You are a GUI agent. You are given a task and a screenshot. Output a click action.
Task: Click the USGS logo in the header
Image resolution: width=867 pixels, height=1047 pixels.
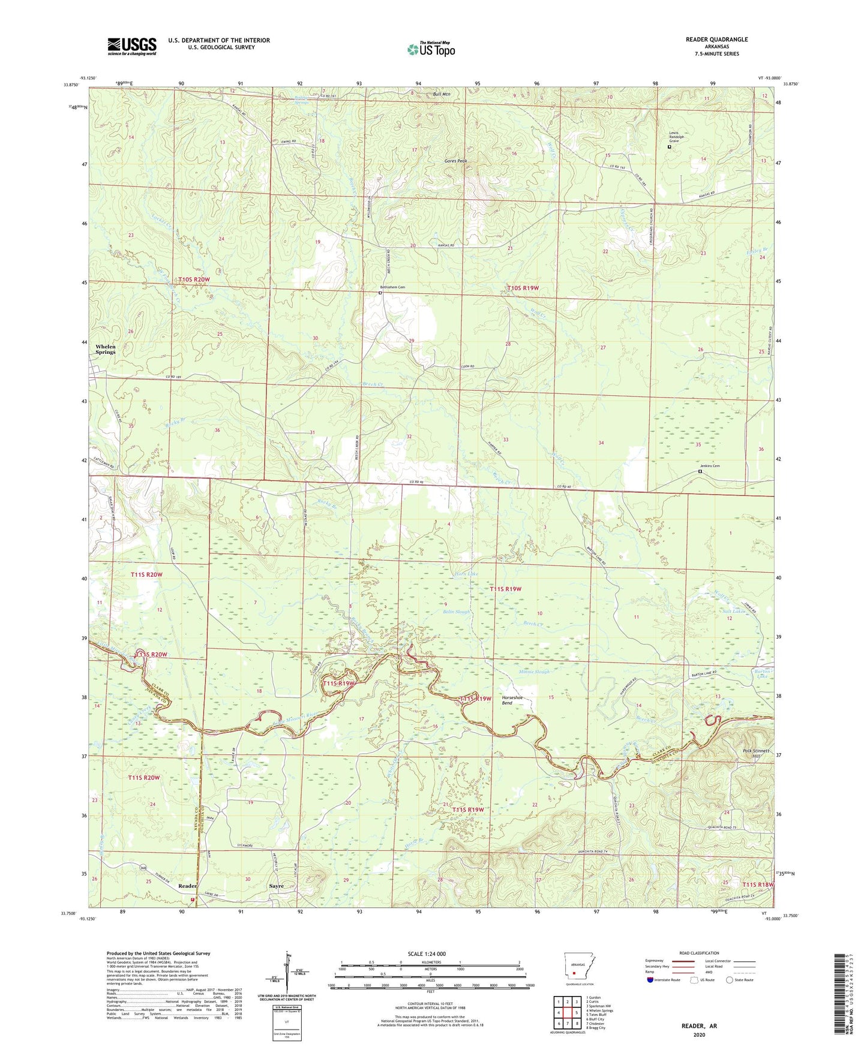[x=132, y=46]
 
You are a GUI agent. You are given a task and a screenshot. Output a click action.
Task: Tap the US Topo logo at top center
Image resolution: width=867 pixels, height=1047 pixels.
[x=431, y=49]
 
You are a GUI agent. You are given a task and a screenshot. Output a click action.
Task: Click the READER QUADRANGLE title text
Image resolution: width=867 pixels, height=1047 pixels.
[x=716, y=40]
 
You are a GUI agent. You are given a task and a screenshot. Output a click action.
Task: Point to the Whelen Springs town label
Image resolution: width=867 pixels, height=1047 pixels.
[x=106, y=350]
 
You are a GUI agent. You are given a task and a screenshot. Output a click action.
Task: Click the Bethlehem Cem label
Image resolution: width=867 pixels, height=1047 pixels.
[x=392, y=287]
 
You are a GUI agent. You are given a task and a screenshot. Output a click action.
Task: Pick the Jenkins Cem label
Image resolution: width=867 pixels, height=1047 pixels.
[x=710, y=466]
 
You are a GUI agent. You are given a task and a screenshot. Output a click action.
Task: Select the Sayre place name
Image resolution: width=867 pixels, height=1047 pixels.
[x=276, y=886]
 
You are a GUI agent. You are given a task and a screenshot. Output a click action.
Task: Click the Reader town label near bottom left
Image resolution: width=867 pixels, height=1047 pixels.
[x=188, y=886]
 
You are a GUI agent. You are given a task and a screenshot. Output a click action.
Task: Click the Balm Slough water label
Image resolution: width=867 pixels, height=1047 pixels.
[x=456, y=612]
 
